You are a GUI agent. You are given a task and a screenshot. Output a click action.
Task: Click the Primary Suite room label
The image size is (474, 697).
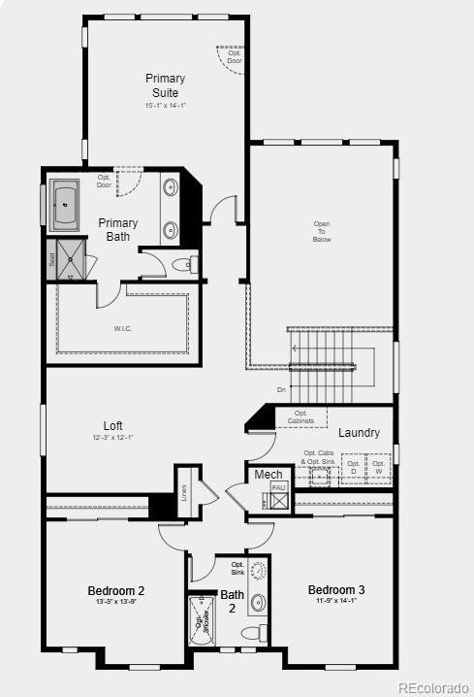165,85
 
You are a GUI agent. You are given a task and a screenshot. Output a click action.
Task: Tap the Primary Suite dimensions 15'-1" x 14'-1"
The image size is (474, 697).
165,106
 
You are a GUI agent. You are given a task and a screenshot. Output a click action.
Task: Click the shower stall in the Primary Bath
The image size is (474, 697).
71,260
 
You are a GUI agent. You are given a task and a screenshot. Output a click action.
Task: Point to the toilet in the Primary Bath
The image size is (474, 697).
184,264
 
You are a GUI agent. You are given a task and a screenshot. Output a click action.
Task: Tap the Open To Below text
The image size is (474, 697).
322,231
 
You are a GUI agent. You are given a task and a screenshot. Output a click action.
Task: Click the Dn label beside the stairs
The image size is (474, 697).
281,389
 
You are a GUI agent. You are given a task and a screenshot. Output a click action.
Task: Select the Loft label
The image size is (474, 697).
113,425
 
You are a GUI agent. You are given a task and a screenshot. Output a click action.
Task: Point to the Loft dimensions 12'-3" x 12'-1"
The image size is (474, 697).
113,438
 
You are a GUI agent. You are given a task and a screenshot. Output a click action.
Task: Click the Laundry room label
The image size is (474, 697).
359,432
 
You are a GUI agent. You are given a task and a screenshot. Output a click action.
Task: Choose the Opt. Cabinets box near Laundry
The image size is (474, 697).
300,417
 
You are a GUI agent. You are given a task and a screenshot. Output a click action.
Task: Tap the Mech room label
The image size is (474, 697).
268,474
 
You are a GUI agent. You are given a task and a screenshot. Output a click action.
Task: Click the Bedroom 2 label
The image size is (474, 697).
116,590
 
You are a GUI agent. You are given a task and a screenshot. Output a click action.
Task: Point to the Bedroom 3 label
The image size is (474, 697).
336,589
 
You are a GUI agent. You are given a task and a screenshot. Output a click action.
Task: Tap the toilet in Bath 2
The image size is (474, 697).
254,634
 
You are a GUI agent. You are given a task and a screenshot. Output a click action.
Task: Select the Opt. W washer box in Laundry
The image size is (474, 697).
379,469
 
